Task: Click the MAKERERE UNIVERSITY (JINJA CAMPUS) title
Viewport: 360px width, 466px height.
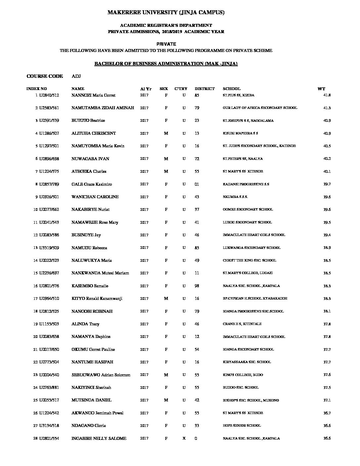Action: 166,13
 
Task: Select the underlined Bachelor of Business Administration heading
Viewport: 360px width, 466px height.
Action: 166,64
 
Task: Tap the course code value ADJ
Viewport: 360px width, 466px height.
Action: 76,76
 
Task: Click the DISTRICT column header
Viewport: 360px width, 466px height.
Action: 204,89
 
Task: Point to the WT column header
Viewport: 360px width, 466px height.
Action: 321,89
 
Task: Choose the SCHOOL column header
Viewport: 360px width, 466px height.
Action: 232,89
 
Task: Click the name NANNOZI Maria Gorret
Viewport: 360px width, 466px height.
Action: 93,95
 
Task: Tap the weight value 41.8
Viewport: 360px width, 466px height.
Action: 327,95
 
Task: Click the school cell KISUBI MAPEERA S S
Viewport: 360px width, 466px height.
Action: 240,133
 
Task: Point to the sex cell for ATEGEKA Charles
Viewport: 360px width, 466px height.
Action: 166,171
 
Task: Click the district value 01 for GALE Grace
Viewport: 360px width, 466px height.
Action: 197,184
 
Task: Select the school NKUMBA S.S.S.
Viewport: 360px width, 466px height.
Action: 235,197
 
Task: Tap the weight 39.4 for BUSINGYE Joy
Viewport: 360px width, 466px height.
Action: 327,235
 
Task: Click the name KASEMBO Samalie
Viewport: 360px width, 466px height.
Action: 90,286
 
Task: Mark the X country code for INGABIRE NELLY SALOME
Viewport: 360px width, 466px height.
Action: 184,438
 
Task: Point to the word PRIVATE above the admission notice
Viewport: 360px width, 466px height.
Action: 166,44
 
